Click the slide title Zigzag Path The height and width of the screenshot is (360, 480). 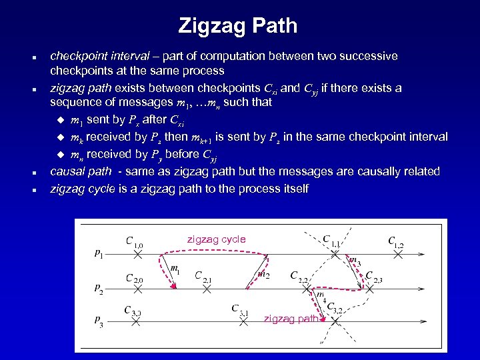pyautogui.click(x=238, y=27)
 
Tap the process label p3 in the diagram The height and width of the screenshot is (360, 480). pyautogui.click(x=99, y=323)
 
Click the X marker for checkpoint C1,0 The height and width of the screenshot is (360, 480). pyautogui.click(x=136, y=254)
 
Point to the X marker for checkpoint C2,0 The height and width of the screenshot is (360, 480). pyautogui.click(x=136, y=289)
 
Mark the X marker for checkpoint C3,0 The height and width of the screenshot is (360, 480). pyautogui.click(x=136, y=321)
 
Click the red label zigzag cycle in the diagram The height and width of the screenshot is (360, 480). pyautogui.click(x=216, y=239)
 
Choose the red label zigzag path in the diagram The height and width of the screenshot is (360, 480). pyautogui.click(x=291, y=319)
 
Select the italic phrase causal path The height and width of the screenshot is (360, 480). pyautogui.click(x=81, y=171)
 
